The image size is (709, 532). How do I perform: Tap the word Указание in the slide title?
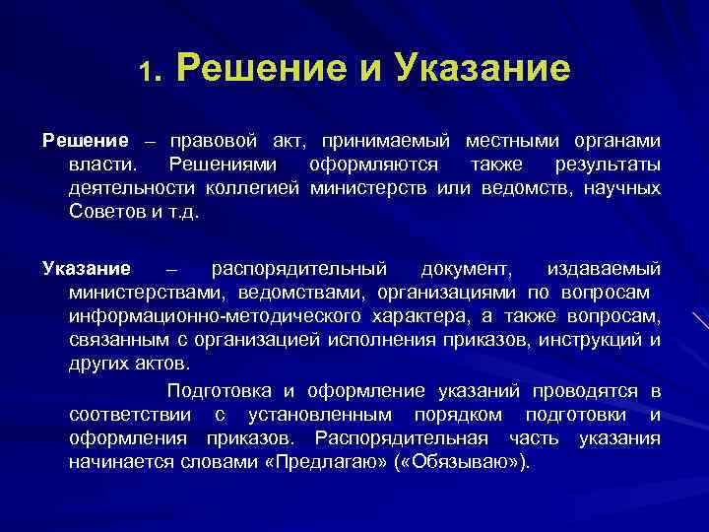point(482,69)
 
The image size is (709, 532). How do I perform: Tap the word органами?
point(618,140)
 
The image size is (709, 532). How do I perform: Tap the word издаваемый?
point(603,269)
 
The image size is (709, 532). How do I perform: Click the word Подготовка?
point(217,391)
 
